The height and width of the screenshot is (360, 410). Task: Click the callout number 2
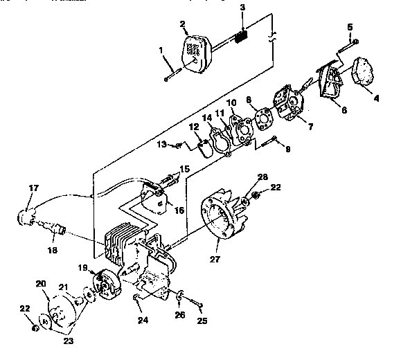click(x=184, y=26)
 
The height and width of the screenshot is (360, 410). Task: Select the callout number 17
click(x=33, y=188)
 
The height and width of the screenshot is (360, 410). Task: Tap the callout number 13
click(x=162, y=144)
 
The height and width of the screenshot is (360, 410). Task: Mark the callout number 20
click(x=41, y=283)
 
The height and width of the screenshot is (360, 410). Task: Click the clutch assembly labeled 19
click(x=107, y=284)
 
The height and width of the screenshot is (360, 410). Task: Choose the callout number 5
click(x=350, y=27)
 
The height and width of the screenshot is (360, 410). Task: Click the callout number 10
click(x=232, y=103)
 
